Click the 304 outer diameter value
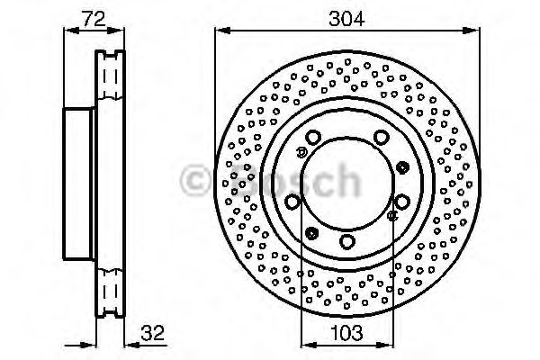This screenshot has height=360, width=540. coord(346,19)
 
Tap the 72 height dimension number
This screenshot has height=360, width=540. coord(94,19)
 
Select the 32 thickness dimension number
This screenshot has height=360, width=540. coord(153,333)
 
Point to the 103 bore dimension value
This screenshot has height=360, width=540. coord(346,333)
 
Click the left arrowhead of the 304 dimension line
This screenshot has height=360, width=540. coord(222,31)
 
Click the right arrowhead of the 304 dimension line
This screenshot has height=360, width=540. coord(471,31)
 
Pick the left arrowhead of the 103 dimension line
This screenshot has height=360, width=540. coord(309,345)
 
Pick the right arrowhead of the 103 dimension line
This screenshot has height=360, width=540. coord(384,345)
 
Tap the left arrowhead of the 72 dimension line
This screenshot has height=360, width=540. coord(72,31)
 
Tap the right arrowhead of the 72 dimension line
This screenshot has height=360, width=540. coord(116,31)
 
